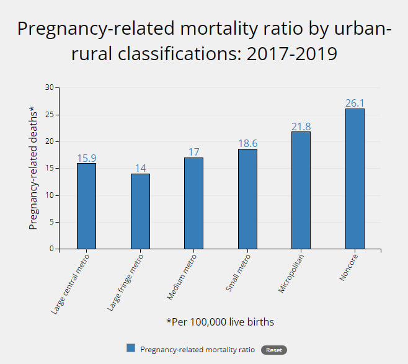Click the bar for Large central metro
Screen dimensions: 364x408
pos(86,206)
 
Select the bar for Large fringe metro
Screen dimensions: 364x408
pos(140,211)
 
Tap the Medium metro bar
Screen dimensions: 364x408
pos(193,203)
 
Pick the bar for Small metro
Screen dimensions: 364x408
pos(247,199)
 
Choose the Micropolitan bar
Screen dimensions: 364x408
pos(301,190)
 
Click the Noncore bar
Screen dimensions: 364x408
pos(354,179)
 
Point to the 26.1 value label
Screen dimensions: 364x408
pos(354,103)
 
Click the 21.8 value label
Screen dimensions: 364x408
pos(301,126)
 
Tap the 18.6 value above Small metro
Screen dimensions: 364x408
pos(247,143)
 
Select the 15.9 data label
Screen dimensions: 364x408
pos(86,158)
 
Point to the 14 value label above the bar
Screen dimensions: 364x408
pos(140,168)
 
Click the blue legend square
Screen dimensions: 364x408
pos(130,348)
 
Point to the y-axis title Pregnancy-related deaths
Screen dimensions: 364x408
pos(33,168)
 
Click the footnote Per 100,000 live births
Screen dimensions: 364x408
pos(220,322)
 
